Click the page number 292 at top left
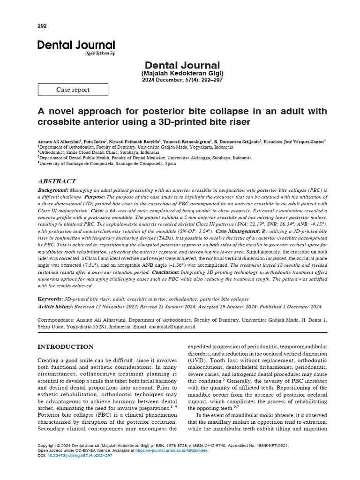coord(42,26)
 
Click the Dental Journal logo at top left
coord(76,46)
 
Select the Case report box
coord(73,90)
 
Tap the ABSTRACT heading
coord(56,181)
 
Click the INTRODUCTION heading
coord(65,347)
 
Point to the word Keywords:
coord(50,299)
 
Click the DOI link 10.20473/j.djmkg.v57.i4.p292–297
coord(80,455)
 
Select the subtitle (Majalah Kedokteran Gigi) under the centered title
coord(182,74)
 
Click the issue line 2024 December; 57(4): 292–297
coord(182,80)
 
